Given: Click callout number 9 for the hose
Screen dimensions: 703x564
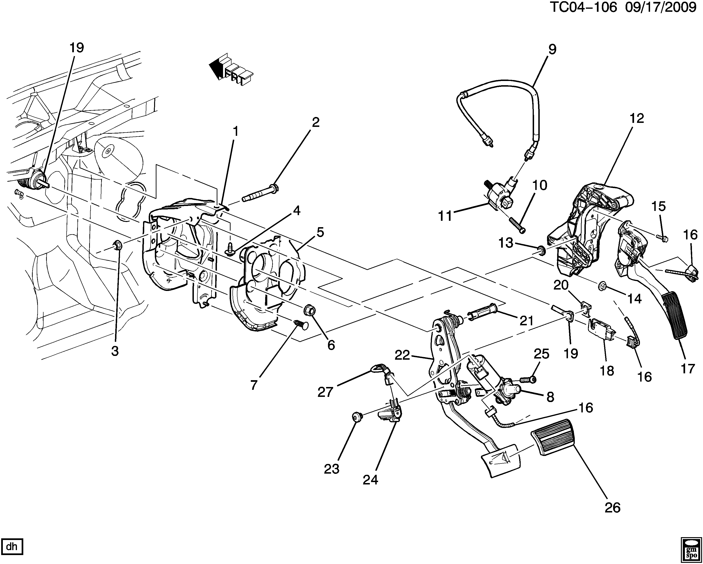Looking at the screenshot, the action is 552,50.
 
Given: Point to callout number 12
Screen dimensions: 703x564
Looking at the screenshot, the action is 637,118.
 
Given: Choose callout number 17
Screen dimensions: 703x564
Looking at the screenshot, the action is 688,369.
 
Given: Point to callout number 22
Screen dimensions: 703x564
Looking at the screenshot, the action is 402,355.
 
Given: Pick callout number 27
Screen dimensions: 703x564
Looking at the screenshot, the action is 325,392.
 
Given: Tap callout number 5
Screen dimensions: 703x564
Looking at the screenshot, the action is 320,232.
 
